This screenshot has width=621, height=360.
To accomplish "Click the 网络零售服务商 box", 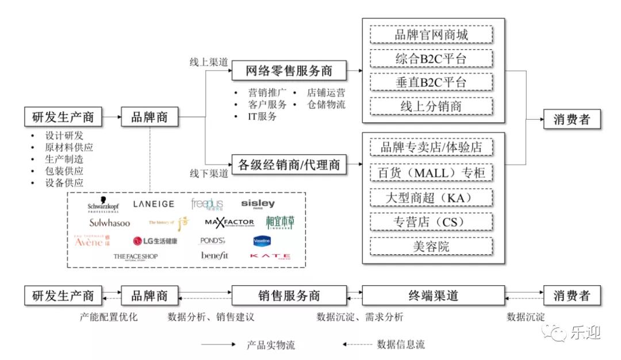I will pos(289,71).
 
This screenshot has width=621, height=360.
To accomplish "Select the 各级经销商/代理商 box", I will pos(289,165).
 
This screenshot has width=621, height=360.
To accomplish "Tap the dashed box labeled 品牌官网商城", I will pos(431,35).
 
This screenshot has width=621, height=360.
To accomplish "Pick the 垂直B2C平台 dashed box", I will pos(431,82).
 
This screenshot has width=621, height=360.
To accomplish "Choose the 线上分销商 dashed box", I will pos(431,106).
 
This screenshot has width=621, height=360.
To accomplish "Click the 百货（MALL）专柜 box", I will pos(431,173).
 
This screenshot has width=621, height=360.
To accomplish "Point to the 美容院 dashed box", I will pos(431,246).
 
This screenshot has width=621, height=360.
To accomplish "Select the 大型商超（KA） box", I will pos(431,197).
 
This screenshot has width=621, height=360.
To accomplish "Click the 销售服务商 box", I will pos(289,296).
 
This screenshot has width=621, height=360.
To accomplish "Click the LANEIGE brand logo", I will pos(154,204).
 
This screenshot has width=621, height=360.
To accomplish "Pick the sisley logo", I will pos(258,204).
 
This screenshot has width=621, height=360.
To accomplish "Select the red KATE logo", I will pos(270,256).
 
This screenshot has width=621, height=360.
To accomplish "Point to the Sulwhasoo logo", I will pos(109,223).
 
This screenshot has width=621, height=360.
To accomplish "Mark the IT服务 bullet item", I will pos(262,116).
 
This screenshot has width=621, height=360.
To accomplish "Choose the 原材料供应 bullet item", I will pos(68,147).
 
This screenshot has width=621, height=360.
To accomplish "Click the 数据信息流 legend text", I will pos(401,344).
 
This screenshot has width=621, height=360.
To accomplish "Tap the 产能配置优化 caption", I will pos(109,316).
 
